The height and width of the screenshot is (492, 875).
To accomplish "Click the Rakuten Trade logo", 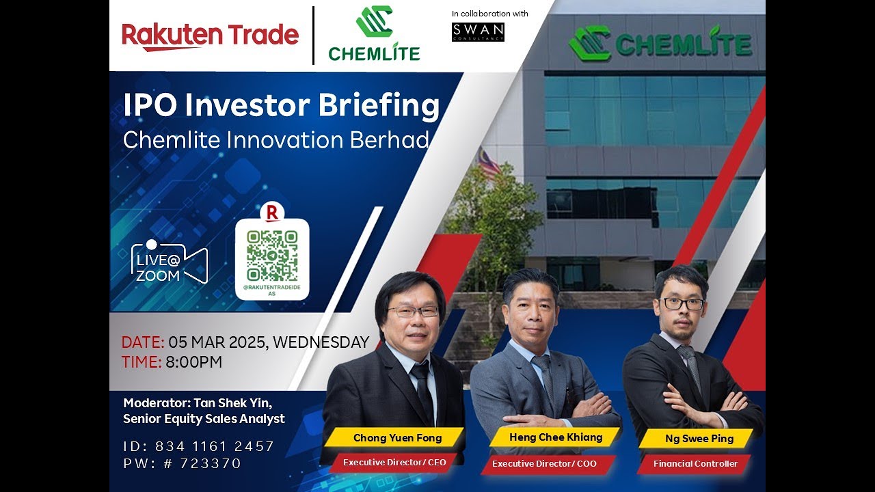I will click(x=210, y=36).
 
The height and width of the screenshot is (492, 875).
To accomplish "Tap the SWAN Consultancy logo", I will click(x=478, y=32).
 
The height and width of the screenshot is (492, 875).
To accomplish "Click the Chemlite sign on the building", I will click(x=660, y=44).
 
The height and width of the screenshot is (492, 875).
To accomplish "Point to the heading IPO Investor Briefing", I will click(x=281, y=106).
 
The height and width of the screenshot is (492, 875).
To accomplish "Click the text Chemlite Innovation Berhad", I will click(x=276, y=140).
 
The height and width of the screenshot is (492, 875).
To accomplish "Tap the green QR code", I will click(x=272, y=256).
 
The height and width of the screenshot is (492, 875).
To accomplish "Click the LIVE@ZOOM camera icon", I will click(x=169, y=262).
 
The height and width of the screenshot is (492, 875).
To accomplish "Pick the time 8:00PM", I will click(x=193, y=362).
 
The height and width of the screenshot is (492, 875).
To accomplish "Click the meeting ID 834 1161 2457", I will click(x=215, y=446).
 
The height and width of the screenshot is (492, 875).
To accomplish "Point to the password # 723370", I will click(x=211, y=463).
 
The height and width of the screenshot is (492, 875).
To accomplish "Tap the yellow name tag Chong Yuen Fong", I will click(x=397, y=438).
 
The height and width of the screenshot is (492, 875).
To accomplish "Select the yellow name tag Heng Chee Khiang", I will click(x=555, y=437).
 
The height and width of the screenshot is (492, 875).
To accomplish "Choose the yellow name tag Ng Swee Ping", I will click(x=699, y=439).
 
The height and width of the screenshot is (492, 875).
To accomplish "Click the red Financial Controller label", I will click(x=695, y=463).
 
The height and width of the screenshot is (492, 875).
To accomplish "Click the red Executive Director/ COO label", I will click(x=544, y=463).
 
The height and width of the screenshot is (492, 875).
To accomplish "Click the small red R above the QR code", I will click(x=271, y=213).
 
